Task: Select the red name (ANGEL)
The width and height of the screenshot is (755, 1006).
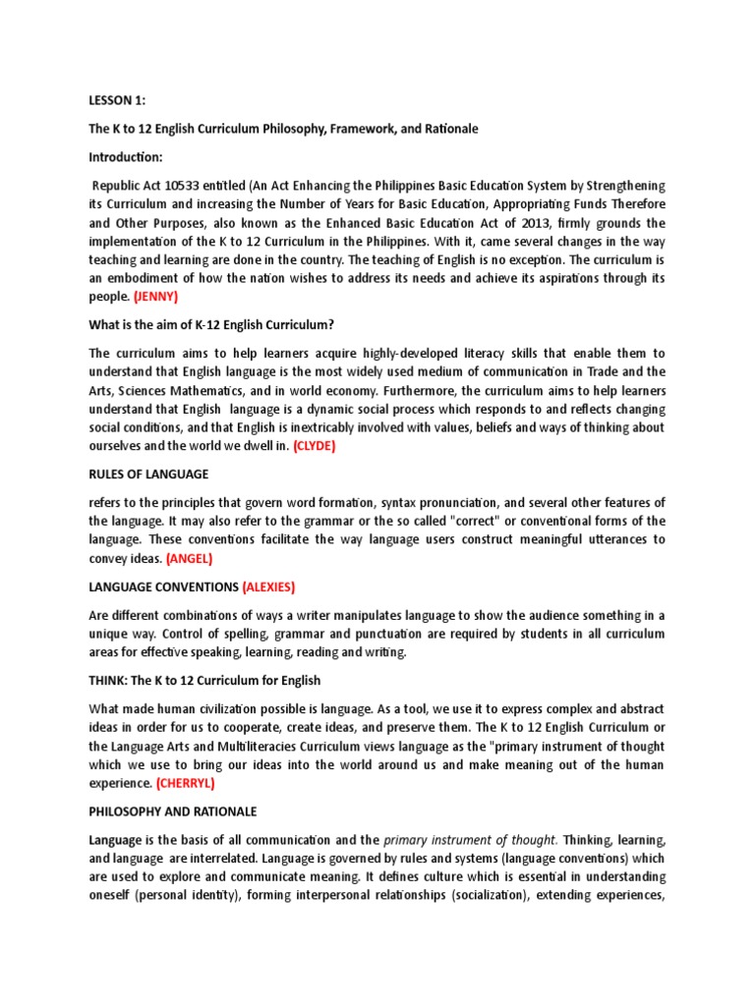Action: point(189,558)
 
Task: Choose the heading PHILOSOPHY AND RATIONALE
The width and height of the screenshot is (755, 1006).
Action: point(172,811)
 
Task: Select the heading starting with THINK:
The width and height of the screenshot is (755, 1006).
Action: point(204,680)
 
